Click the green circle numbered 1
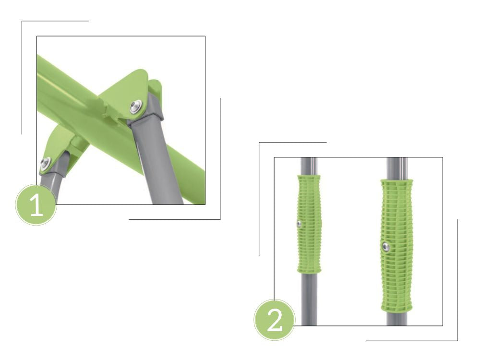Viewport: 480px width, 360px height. click(36, 205)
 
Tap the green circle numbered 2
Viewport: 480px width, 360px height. click(275, 320)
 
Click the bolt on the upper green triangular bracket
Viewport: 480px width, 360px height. click(135, 107)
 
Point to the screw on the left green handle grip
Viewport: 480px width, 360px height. click(299, 224)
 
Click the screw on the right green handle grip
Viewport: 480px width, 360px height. click(385, 246)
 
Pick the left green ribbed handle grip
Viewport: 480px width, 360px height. click(309, 224)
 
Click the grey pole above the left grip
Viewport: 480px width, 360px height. click(309, 166)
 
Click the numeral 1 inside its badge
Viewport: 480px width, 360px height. click(36, 205)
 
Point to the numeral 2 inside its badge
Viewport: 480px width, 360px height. click(275, 320)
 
